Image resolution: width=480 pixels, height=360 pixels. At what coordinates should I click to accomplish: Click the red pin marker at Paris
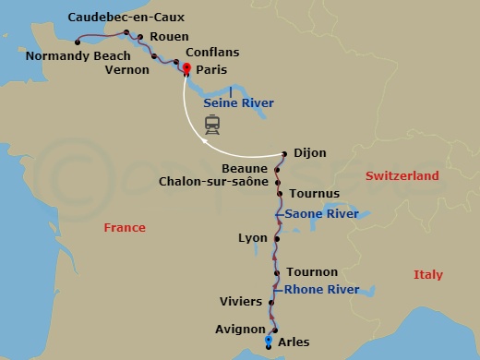tap(186, 69)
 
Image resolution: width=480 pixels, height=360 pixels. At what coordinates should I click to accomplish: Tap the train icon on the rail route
tap(212, 125)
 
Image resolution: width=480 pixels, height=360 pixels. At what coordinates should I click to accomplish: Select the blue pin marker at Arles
tap(268, 342)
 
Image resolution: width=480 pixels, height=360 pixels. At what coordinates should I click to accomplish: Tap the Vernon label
tap(127, 69)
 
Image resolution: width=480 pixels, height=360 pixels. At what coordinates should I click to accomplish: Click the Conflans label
tap(211, 54)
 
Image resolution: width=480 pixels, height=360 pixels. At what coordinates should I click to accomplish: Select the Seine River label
tap(238, 103)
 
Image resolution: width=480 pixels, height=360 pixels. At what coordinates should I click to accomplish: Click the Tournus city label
tap(314, 193)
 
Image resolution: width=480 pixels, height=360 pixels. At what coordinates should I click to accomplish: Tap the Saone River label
tap(321, 214)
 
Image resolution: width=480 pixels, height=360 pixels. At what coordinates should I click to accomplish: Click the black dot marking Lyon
tap(274, 238)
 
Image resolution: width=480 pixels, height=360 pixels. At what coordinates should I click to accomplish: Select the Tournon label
tap(312, 272)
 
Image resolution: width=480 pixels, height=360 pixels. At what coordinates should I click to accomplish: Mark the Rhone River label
tap(321, 290)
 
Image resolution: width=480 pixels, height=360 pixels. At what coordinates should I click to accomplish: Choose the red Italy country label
tap(427, 275)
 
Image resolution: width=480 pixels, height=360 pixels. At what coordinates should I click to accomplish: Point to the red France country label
tap(125, 227)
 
